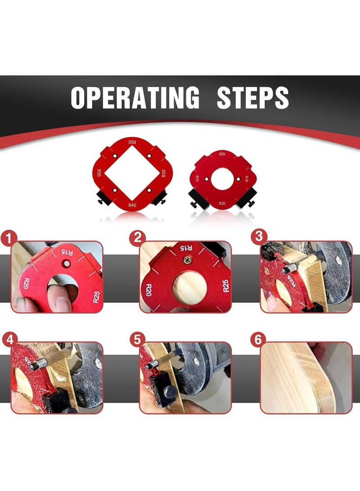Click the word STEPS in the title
(x=252, y=97)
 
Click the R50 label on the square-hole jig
(x=132, y=143)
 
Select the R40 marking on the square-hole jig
(x=132, y=205)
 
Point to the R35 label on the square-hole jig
(x=99, y=173)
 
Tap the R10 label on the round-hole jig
(x=197, y=179)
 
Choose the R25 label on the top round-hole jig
(x=222, y=203)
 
